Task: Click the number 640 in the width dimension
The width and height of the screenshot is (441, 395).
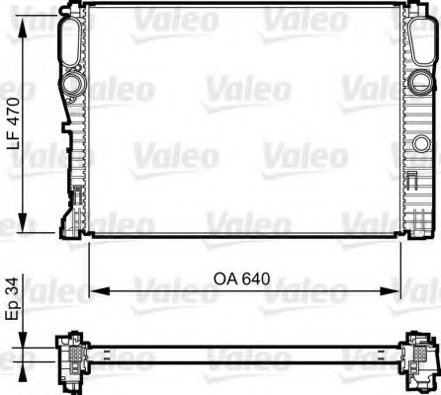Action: (x=255, y=278)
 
